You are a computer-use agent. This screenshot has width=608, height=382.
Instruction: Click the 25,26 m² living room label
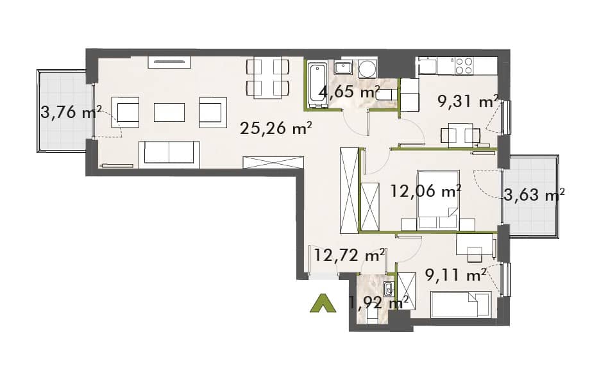[x=276, y=128]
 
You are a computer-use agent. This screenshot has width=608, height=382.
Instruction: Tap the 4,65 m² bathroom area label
[x=349, y=92]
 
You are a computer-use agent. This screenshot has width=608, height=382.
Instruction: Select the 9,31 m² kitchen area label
[x=468, y=101]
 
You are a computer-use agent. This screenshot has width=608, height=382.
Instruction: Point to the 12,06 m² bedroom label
[x=425, y=190]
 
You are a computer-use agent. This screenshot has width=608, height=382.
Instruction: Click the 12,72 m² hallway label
[x=349, y=255]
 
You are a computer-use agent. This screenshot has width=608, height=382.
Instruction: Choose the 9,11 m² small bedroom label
[x=455, y=275]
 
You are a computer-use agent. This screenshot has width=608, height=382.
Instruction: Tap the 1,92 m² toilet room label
[x=379, y=302]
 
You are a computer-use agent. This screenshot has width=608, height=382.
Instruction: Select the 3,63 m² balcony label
[x=534, y=194]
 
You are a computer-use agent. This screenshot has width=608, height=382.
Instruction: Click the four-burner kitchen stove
[x=464, y=65]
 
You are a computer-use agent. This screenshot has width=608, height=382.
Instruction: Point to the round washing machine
[x=367, y=69]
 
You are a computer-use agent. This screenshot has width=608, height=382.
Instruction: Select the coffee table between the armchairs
[x=169, y=112]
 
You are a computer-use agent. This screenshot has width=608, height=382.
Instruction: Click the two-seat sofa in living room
[x=169, y=154]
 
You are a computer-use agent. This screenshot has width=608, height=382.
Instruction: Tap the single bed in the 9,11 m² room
[x=461, y=304]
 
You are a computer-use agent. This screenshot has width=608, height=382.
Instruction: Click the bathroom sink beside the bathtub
[x=342, y=68]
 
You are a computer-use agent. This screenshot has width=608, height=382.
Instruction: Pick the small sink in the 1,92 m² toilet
[x=389, y=288]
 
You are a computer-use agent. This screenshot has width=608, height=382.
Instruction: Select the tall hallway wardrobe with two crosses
[x=349, y=190]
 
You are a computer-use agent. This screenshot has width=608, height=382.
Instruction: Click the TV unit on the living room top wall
[x=169, y=62]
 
